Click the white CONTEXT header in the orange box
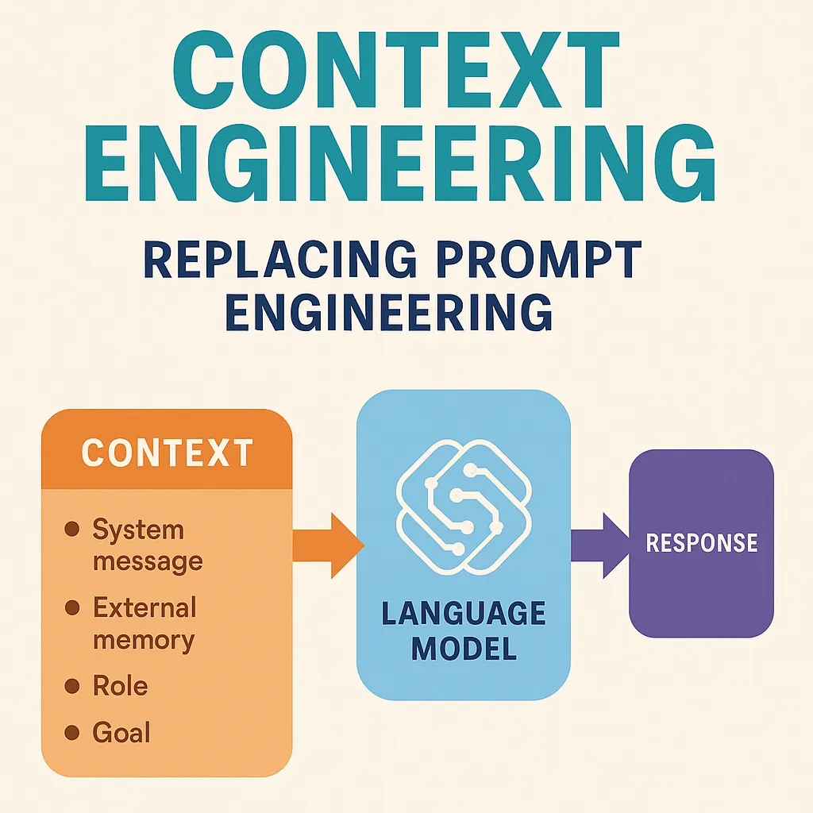click(167, 453)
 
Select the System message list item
click(148, 545)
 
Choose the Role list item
click(120, 686)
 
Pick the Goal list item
click(121, 732)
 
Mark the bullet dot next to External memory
click(72, 608)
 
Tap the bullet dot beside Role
click(72, 686)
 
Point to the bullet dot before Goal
click(72, 732)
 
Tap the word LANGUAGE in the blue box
click(463, 615)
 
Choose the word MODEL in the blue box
click(464, 649)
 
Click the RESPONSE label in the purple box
click(702, 544)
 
